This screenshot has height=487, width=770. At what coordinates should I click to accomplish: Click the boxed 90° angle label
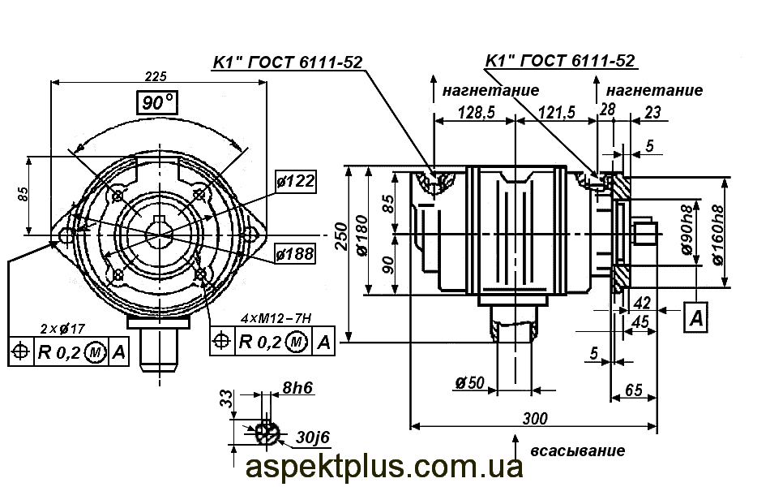[157, 103]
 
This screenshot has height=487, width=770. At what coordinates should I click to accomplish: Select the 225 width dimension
[155, 76]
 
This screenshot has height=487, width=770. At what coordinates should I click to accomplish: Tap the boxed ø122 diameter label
[294, 181]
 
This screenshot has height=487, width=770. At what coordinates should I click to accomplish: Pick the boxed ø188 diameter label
[294, 254]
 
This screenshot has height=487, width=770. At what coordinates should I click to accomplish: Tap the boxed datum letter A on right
[696, 318]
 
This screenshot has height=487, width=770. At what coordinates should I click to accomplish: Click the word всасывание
[577, 450]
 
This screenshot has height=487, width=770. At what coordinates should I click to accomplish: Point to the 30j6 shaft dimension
[313, 437]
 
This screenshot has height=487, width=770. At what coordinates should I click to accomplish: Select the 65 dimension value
[634, 390]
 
